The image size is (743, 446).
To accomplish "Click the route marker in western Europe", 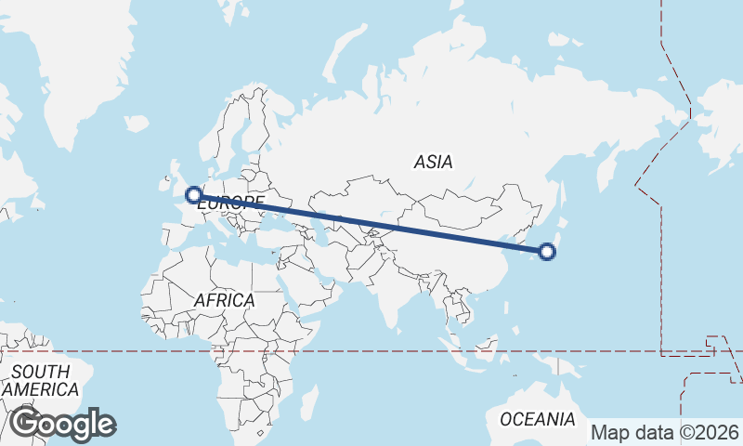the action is click(x=194, y=195).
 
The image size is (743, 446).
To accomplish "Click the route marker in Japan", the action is click(x=547, y=251).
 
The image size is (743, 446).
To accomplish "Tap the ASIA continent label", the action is click(x=433, y=162).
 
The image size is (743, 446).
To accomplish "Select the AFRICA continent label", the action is click(x=224, y=300).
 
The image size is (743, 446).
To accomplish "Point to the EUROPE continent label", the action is click(x=230, y=203).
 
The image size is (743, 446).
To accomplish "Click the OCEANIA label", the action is click(x=538, y=419).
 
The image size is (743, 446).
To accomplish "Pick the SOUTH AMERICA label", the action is click(x=39, y=380).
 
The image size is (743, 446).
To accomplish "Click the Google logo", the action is click(x=62, y=424).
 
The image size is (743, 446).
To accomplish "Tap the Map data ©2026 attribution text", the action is click(x=665, y=432).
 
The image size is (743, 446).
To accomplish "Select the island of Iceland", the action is click(x=136, y=123).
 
